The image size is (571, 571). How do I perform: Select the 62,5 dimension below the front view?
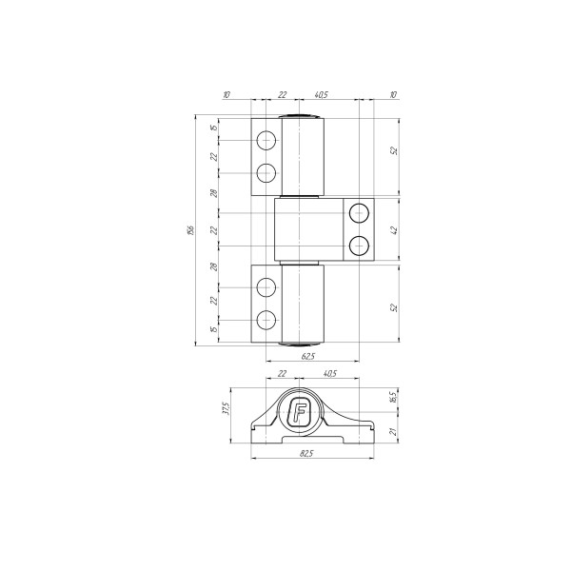[307, 357]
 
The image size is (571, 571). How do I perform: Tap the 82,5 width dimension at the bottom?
[306, 453]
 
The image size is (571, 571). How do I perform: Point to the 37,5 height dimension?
[226, 408]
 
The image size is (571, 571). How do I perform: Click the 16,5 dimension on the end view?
[392, 397]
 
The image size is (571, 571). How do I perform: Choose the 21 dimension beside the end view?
[392, 432]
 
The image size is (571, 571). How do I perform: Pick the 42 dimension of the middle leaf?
[394, 230]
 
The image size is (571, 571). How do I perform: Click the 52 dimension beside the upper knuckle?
[394, 150]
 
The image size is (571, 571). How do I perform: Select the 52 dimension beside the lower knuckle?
[394, 307]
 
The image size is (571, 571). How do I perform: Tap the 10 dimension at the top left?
[226, 94]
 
